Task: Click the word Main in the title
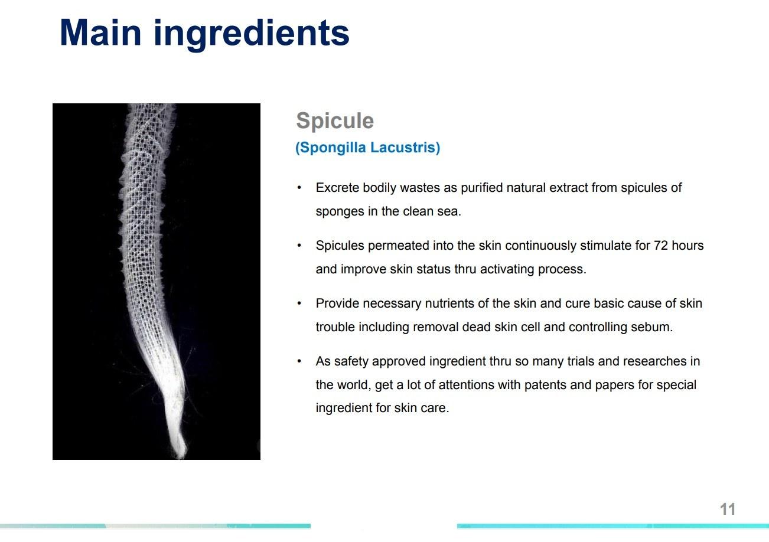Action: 100,32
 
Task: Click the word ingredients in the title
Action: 252,35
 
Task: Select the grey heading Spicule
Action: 335,121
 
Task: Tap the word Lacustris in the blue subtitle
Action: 405,148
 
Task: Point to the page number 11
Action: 728,510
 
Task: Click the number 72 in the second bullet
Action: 661,246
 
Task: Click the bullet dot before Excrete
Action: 299,188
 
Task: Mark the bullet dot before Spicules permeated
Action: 299,246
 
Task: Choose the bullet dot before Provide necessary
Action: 299,303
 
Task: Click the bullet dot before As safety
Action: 299,361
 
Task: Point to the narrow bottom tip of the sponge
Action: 181,456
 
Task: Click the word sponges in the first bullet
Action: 340,212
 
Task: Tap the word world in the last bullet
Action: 356,385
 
